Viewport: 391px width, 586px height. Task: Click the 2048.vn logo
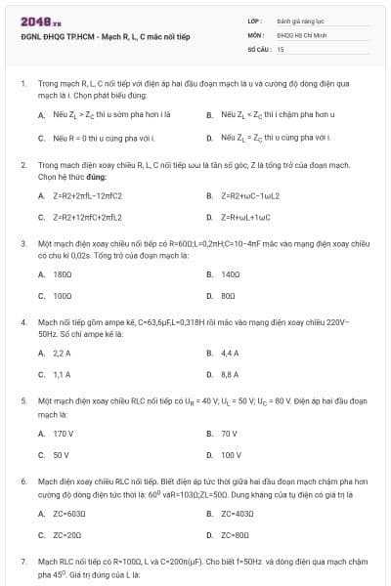point(40,21)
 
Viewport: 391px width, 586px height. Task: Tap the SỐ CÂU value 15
point(281,48)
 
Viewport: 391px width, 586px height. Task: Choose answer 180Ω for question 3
point(63,274)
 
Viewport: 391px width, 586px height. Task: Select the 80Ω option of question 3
point(230,294)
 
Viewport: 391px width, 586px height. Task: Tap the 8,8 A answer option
point(230,373)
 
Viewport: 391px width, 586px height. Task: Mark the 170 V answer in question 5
point(64,433)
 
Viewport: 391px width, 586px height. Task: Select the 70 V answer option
point(229,433)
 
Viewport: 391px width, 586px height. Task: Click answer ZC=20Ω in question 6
point(67,534)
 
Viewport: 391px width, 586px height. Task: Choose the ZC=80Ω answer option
point(236,534)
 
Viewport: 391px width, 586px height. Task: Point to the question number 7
point(22,562)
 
